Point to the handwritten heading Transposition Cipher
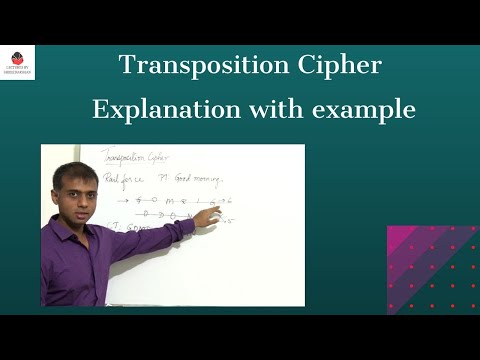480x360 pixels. point(136,157)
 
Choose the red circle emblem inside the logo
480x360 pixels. point(17,56)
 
